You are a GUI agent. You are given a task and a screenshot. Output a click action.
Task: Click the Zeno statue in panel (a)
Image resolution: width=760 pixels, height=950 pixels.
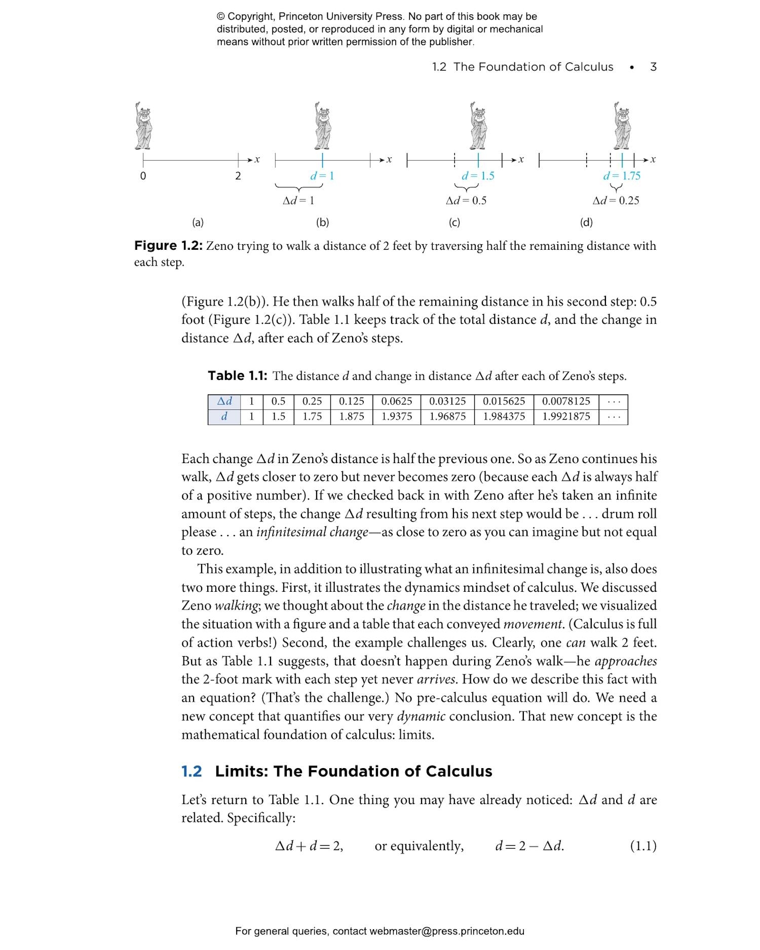coord(143,127)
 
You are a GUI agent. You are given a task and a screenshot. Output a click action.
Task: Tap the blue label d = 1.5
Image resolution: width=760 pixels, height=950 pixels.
coord(477,176)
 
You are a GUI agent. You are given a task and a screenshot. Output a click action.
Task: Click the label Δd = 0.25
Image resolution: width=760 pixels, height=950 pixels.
coord(616,201)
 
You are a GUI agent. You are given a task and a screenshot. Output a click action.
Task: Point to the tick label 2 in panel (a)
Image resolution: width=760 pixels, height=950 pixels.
coord(238,176)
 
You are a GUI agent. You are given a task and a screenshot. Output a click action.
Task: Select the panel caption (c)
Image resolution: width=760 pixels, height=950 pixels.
coord(454,222)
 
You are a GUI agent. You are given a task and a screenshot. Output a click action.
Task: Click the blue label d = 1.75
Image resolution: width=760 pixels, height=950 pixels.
coord(621,176)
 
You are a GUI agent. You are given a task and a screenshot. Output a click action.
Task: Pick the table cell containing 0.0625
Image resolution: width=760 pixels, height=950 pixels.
coord(396,401)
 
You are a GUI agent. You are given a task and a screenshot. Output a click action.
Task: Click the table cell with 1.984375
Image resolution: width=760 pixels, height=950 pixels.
coord(504,416)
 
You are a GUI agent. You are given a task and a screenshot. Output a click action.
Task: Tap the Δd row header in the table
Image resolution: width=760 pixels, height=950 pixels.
coord(224,401)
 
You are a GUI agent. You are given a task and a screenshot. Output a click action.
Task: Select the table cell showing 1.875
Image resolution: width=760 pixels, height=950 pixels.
coord(351,416)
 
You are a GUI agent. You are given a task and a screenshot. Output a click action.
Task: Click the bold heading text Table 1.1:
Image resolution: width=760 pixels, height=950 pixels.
coord(237,376)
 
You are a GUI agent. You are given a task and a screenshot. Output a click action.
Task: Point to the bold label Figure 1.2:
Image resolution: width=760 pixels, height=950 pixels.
coord(168,246)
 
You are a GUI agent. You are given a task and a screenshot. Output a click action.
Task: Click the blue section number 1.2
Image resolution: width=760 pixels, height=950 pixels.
coord(192,772)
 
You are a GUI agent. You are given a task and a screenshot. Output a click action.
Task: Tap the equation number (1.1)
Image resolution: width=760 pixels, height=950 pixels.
coord(642,846)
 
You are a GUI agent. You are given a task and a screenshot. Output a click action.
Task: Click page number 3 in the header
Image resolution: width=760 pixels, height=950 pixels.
coord(653,67)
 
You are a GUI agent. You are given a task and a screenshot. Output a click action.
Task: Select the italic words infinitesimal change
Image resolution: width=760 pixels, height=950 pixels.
coord(312,532)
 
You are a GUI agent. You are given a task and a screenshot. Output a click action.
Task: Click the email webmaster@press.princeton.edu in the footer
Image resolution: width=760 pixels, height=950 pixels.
coord(446,931)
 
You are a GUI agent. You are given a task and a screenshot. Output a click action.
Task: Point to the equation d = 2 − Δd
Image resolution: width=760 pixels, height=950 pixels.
coord(529,846)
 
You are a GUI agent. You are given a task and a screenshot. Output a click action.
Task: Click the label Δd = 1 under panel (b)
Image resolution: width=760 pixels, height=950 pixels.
coord(298,201)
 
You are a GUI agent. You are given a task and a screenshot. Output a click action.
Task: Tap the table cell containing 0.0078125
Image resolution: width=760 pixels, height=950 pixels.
coord(565,401)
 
